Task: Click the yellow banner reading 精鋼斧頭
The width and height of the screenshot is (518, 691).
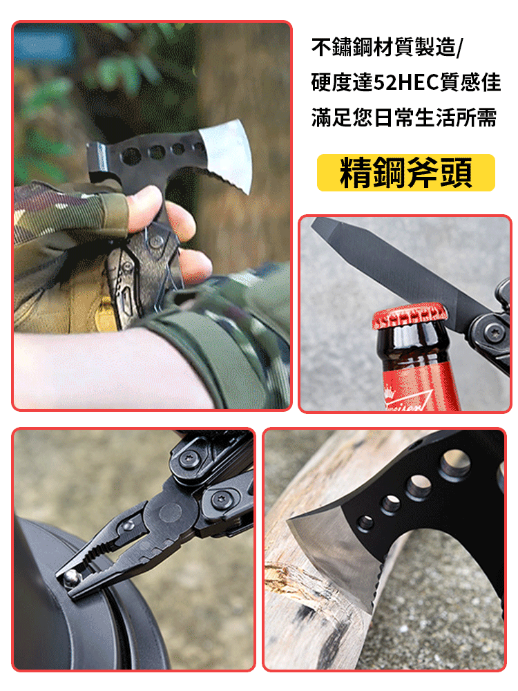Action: coord(406,173)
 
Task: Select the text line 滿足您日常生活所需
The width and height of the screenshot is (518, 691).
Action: coord(404,117)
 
